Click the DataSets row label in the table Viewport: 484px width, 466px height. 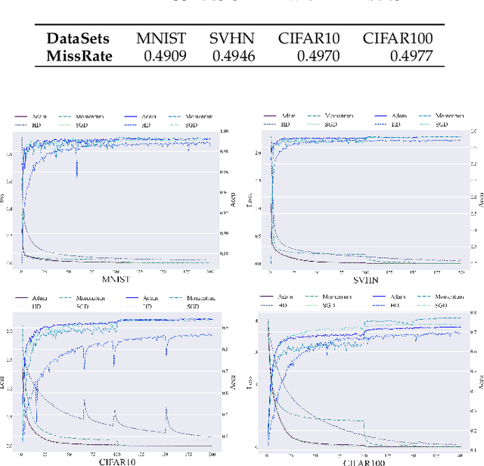pyautogui.click(x=78, y=38)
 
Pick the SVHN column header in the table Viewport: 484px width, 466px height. pyautogui.click(x=231, y=38)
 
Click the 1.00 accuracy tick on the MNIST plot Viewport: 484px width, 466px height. pyautogui.click(x=224, y=132)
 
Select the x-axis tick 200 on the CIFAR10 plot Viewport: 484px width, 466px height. pyautogui.click(x=209, y=453)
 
